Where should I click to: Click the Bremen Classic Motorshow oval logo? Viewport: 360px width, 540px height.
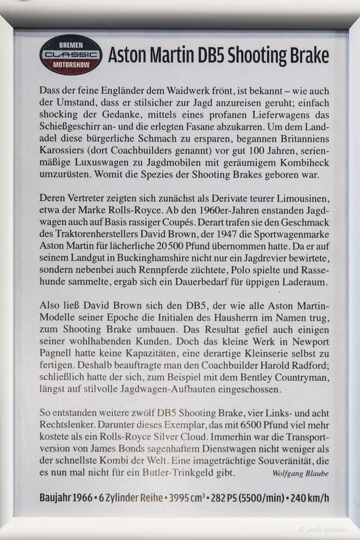[x=71, y=54]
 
